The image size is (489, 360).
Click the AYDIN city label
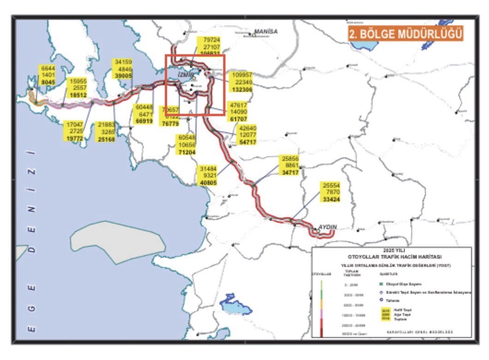327,227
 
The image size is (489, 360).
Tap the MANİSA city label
266,32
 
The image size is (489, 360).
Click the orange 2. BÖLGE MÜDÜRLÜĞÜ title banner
405,34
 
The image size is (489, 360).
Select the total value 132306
242,89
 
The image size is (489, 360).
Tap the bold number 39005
124,75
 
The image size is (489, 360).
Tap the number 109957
242,75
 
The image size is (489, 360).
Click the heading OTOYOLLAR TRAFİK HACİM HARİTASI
391,257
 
